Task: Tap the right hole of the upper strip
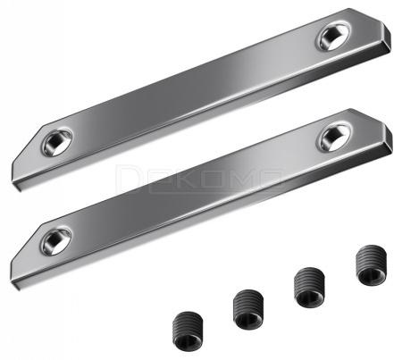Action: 329,37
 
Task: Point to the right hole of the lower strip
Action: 332,135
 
